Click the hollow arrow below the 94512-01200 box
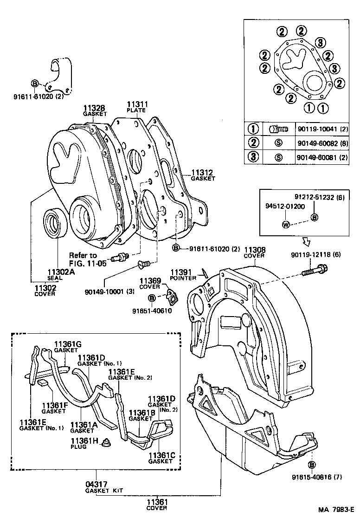[x=307, y=241]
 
